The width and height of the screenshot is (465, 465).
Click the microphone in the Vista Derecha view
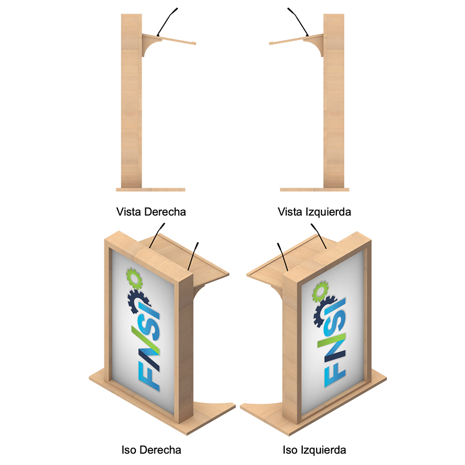click(167, 22)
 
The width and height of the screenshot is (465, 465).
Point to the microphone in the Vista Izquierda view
click(298, 22)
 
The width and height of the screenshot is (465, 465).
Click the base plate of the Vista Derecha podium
click(151, 190)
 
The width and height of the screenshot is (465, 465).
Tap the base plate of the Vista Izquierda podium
click(315, 190)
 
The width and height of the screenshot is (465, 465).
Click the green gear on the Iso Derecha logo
click(134, 278)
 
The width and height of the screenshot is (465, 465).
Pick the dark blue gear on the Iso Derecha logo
click(138, 301)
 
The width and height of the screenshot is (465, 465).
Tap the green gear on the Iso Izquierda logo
click(320, 291)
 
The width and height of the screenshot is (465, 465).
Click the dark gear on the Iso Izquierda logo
click(324, 312)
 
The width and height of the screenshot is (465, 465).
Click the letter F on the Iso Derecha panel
click(149, 376)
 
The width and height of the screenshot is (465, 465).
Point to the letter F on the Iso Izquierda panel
click(335, 374)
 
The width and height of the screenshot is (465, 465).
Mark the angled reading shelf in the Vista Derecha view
click(168, 39)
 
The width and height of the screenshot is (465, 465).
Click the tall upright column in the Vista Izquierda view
click(334, 101)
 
